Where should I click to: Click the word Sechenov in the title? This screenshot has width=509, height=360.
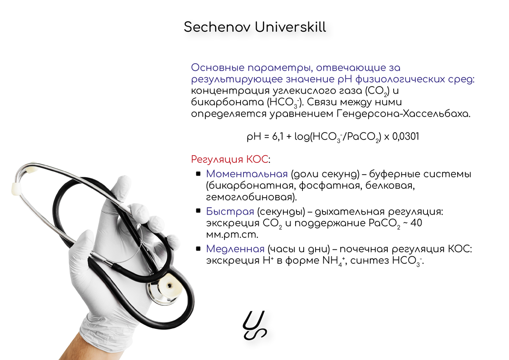217,27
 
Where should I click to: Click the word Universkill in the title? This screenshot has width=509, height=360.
291,27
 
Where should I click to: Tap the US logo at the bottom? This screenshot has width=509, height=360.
255,325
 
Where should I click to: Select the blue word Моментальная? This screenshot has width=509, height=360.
247,174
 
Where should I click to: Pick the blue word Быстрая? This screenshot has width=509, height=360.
230,212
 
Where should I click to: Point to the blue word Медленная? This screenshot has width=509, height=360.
235,249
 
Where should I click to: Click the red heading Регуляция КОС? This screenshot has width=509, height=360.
229,159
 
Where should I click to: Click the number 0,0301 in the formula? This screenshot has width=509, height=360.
406,137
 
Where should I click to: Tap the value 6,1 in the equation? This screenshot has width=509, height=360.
278,137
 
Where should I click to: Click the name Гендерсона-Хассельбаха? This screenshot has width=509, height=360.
403,114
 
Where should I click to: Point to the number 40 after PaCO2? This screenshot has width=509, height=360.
416,223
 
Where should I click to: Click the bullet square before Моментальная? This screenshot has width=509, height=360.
198,174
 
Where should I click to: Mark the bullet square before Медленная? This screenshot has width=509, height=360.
198,249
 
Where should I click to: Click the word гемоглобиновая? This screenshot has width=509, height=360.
251,197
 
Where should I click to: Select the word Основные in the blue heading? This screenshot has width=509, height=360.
218,68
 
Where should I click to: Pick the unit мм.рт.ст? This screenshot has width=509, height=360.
232,235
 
